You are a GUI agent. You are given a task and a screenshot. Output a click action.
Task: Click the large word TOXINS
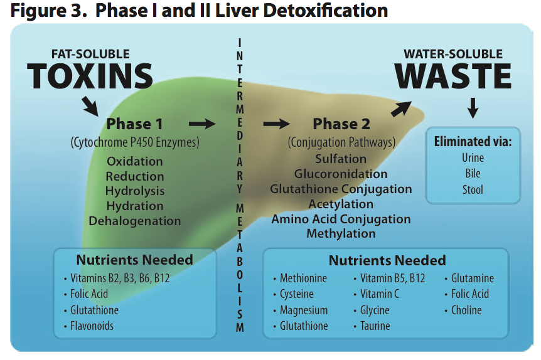click(90, 77)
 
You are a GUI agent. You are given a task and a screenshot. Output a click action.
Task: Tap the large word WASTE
click(453, 77)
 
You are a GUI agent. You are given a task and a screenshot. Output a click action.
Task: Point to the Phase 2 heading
click(341, 124)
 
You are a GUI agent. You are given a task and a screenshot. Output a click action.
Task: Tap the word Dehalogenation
click(135, 221)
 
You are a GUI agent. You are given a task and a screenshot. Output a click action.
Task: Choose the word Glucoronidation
click(341, 174)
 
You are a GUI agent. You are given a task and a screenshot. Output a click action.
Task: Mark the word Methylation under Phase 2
click(341, 233)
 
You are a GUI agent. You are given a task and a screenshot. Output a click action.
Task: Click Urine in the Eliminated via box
click(473, 158)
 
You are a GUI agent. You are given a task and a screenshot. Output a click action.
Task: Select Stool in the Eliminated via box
click(473, 189)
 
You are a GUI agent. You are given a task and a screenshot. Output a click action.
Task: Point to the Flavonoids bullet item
click(92, 326)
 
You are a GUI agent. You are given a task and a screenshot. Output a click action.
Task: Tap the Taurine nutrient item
click(375, 326)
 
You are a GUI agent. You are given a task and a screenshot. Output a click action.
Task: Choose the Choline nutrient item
click(466, 310)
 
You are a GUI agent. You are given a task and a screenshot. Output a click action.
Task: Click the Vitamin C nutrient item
click(379, 294)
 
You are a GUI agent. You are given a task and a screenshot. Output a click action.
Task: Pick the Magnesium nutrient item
click(304, 310)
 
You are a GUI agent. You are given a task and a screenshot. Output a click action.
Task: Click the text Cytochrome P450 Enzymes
click(135, 143)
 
